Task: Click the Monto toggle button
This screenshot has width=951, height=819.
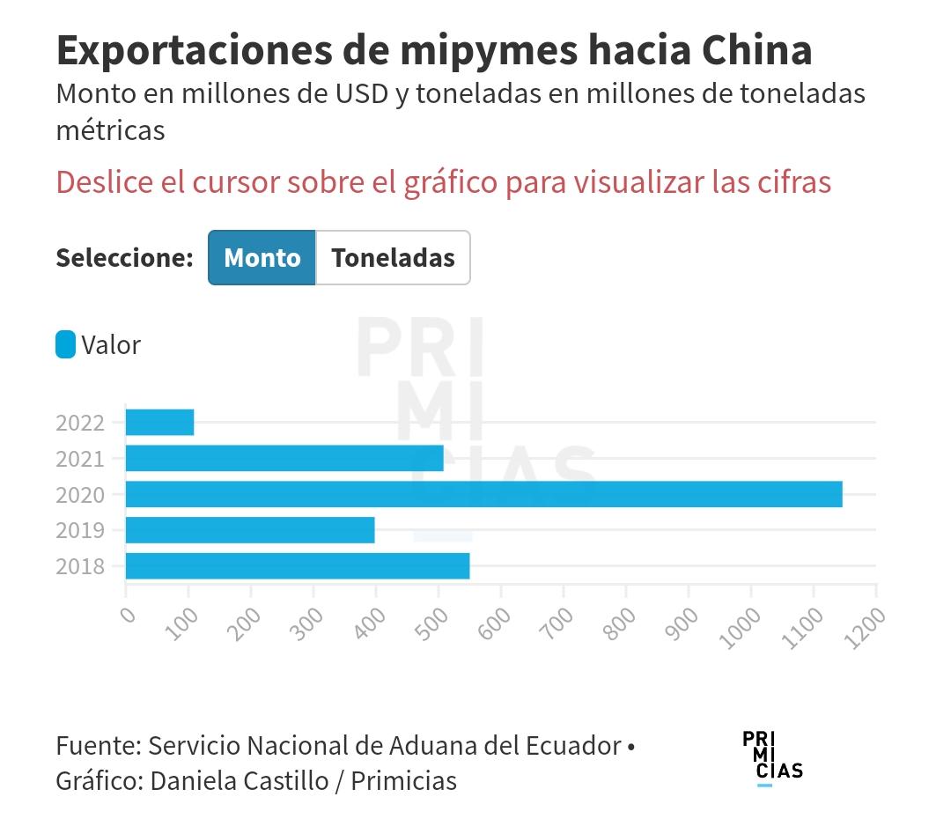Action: [x=262, y=258]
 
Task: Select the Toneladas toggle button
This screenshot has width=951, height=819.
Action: [x=393, y=258]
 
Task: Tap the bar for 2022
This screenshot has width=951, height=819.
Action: [x=159, y=423]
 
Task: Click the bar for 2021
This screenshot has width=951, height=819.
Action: [x=284, y=459]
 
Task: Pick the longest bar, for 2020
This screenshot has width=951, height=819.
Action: [x=483, y=495]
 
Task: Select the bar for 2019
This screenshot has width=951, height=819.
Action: [x=250, y=531]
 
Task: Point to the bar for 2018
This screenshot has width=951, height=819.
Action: [x=298, y=566]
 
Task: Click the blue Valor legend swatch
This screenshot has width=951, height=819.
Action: [x=66, y=344]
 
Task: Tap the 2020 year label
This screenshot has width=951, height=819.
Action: [x=80, y=495]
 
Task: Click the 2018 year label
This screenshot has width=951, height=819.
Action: [x=80, y=567]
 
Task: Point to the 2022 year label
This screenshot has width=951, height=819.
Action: [x=80, y=423]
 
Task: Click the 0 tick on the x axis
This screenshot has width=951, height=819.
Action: [x=129, y=613]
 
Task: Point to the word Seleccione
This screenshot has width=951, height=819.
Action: [x=124, y=258]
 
